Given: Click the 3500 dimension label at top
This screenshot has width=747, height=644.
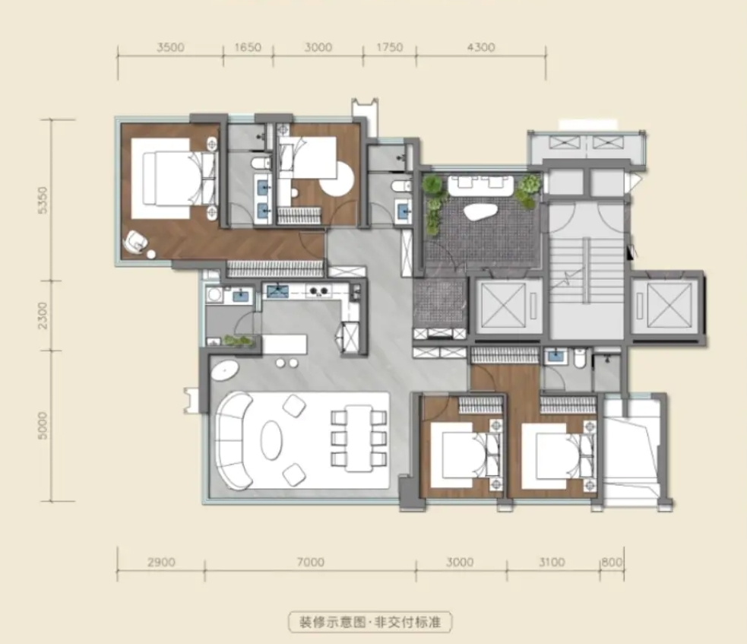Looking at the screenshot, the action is pyautogui.click(x=170, y=47).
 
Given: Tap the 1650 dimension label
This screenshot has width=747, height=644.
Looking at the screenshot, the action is pyautogui.click(x=248, y=47).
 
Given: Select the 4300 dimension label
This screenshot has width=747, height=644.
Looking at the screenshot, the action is pyautogui.click(x=481, y=47).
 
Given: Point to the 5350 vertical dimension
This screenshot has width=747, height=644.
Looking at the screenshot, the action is pyautogui.click(x=43, y=200).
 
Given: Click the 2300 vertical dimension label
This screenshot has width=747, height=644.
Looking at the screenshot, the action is pyautogui.click(x=43, y=315).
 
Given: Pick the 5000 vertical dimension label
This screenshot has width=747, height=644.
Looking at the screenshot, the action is pyautogui.click(x=43, y=426).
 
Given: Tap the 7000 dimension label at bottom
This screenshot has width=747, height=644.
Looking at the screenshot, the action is pyautogui.click(x=311, y=562).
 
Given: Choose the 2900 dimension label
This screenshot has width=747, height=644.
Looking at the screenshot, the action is pyautogui.click(x=161, y=562).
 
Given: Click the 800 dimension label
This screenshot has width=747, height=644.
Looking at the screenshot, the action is pyautogui.click(x=612, y=562).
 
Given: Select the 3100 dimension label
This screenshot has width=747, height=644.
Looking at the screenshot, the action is pyautogui.click(x=552, y=562).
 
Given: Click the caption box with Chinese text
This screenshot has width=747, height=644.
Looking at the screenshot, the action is pyautogui.click(x=369, y=622).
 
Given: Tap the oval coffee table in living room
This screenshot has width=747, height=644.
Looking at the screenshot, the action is pyautogui.click(x=271, y=439).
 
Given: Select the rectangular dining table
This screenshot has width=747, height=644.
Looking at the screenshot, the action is pyautogui.click(x=359, y=439).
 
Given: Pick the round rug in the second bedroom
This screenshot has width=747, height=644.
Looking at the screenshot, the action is pyautogui.click(x=337, y=179).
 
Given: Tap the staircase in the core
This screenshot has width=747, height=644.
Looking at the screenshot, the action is pyautogui.click(x=587, y=270).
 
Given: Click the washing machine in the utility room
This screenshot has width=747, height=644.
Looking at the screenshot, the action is pyautogui.click(x=214, y=294).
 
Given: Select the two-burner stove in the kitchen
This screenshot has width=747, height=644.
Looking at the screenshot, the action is pyautogui.click(x=318, y=290).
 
